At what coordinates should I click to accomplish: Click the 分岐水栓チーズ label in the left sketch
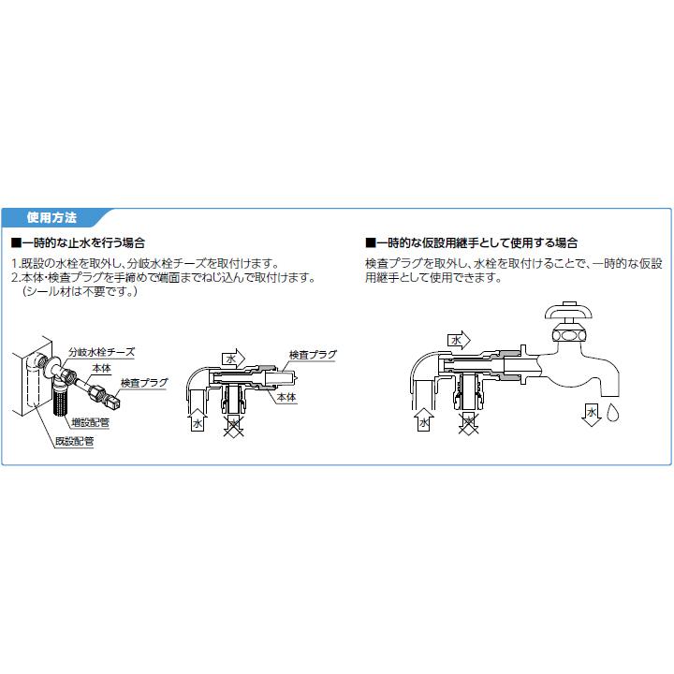click(101, 352)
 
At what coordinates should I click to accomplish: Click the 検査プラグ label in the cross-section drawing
click(312, 356)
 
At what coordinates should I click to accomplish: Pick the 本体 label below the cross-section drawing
click(286, 398)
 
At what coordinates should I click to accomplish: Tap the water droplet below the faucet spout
click(613, 413)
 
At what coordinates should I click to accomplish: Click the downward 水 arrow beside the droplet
click(592, 414)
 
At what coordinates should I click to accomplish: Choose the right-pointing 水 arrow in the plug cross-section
click(231, 358)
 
